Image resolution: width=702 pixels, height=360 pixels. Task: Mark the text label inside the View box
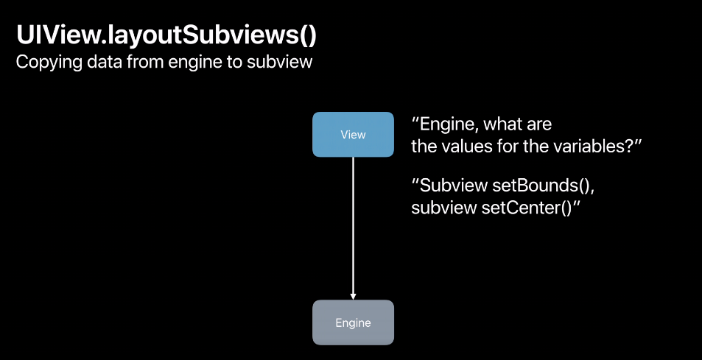[353, 135]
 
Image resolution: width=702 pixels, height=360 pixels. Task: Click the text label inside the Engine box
[353, 322]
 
